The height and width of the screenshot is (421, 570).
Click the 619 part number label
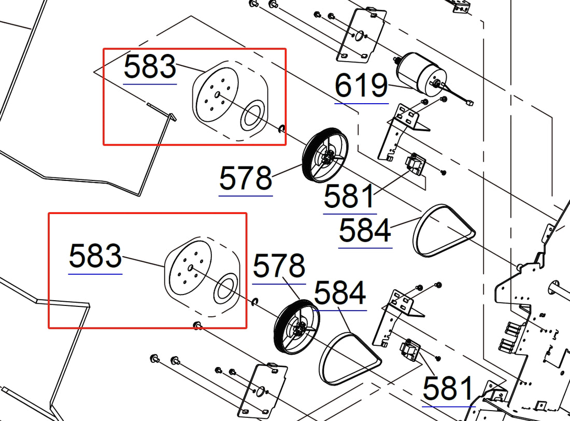click(361, 87)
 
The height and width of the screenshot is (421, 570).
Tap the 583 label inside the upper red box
click(150, 67)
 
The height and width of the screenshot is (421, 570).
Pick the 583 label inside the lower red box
click(95, 257)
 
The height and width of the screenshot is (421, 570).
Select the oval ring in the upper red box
click(252, 116)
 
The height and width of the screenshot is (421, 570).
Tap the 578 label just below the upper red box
click(245, 179)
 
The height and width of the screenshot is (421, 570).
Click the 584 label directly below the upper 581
click(365, 231)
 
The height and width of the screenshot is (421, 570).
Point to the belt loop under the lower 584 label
click(349, 358)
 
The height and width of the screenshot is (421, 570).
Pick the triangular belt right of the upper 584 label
click(443, 231)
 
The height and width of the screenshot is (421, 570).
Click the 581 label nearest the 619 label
click(349, 197)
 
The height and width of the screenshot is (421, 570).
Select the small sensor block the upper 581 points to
click(415, 163)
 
